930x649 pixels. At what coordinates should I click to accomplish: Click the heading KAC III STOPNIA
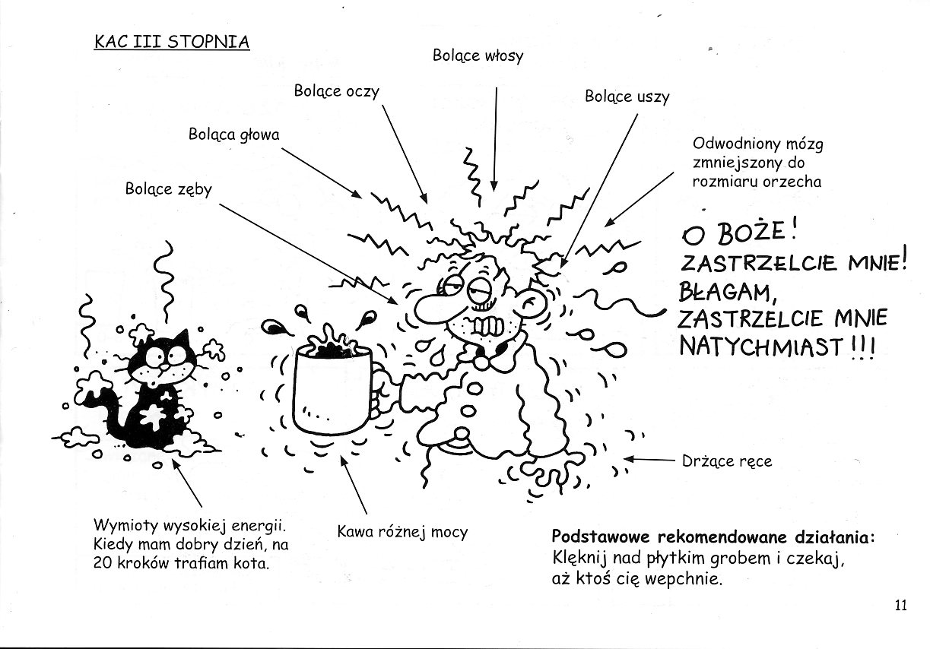[x=171, y=41]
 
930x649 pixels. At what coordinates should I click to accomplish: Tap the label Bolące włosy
[x=478, y=55]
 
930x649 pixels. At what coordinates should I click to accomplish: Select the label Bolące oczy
[x=336, y=92]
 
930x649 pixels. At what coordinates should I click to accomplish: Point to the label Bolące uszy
[x=627, y=97]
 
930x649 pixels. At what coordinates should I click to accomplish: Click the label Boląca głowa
[x=234, y=135]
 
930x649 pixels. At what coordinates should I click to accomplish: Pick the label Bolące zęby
[x=168, y=190]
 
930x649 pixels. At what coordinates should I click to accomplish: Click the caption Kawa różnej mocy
[x=402, y=532]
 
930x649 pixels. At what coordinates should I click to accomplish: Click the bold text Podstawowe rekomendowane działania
[x=713, y=536]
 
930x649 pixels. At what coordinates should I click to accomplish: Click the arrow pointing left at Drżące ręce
[x=648, y=460]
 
